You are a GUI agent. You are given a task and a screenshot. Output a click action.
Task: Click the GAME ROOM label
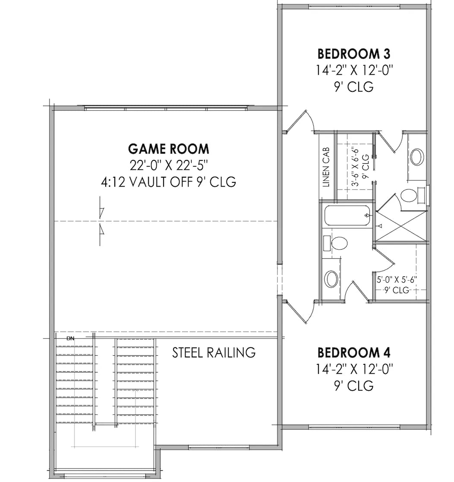pos(169,149)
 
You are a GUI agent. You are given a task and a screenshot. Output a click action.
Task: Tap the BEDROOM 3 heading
pos(354,54)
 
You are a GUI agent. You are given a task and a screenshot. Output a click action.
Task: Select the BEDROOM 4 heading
pos(354,353)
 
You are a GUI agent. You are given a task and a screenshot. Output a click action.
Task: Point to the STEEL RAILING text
pos(214,353)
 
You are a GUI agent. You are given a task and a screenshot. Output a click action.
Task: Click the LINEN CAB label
pos(326,167)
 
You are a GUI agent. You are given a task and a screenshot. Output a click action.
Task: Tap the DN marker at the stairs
pos(70,338)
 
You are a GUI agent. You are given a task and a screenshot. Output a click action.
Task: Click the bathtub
pos(347,216)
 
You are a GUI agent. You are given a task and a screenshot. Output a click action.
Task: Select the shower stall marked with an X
pos(401,226)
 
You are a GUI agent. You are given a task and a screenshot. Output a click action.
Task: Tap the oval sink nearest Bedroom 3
pos(417,157)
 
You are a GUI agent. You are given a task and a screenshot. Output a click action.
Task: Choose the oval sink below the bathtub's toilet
pos(331,279)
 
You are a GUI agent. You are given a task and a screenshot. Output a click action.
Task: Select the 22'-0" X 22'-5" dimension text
pos(169,166)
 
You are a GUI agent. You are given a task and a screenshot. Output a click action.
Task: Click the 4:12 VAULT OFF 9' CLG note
pos(168,182)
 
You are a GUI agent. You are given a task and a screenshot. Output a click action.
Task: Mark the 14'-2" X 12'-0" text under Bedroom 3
pos(354,70)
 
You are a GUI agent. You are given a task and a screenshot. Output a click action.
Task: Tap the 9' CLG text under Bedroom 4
pos(354,385)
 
